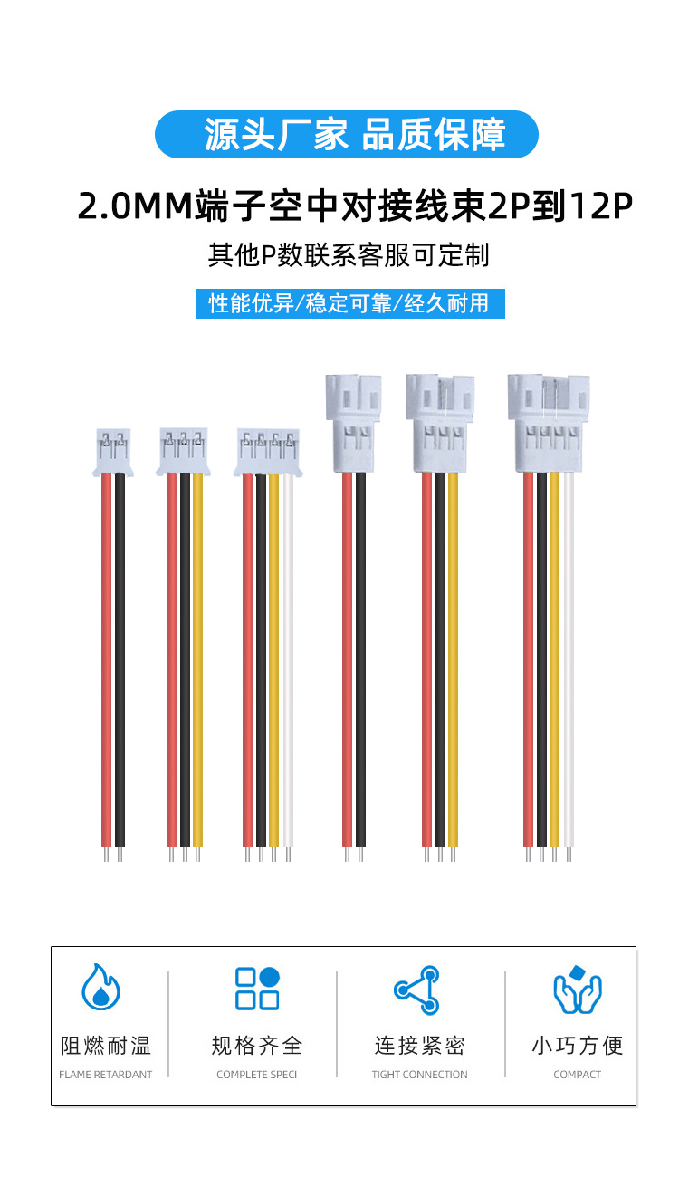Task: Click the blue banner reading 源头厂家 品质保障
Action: pyautogui.click(x=347, y=135)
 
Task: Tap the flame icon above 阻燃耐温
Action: pyautogui.click(x=100, y=987)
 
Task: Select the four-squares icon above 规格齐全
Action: pyautogui.click(x=257, y=988)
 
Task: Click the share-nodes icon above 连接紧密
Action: pyautogui.click(x=417, y=990)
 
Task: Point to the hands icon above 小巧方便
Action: pyautogui.click(x=578, y=989)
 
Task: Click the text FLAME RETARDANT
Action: pyautogui.click(x=105, y=1075)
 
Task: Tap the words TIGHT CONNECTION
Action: pyautogui.click(x=419, y=1075)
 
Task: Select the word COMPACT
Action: pyautogui.click(x=578, y=1075)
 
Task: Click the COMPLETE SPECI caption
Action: pyautogui.click(x=257, y=1075)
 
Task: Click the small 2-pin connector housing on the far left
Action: pyautogui.click(x=113, y=452)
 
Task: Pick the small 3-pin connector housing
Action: pyautogui.click(x=183, y=451)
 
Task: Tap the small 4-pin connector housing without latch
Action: pyautogui.click(x=268, y=452)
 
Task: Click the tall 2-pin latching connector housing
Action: pyautogui.click(x=353, y=423)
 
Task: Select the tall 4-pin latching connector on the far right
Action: pyautogui.click(x=549, y=423)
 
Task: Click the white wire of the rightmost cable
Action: pyautogui.click(x=569, y=660)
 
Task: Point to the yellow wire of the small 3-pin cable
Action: pyautogui.click(x=197, y=660)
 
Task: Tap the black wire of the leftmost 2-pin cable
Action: pyautogui.click(x=120, y=660)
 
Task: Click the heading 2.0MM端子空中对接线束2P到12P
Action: pyautogui.click(x=355, y=206)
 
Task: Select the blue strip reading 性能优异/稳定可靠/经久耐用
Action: pyautogui.click(x=350, y=303)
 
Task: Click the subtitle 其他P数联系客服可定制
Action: pyautogui.click(x=348, y=255)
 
